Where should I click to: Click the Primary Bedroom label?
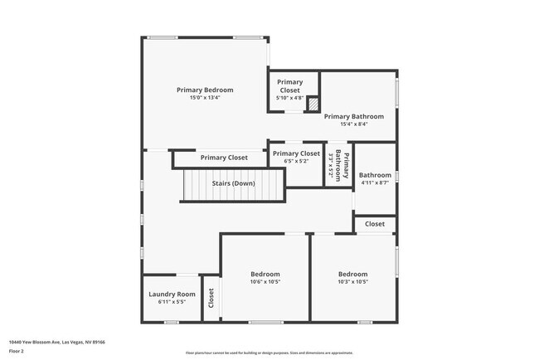205,90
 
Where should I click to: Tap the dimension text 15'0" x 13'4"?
205,98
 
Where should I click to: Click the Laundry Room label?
172,294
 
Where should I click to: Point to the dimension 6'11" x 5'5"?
172,302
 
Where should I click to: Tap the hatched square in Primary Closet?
313,105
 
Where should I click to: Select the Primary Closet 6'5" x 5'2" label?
296,153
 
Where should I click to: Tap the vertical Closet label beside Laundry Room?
211,297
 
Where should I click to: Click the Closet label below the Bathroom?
375,224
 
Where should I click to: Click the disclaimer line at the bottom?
269,353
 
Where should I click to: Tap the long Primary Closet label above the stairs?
224,158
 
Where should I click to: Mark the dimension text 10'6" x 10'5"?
265,281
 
